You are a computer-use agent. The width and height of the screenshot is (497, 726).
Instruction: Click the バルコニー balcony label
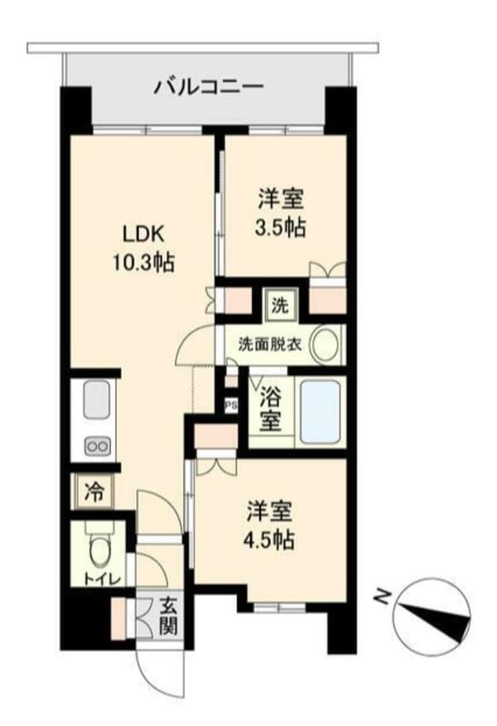pyautogui.click(x=208, y=86)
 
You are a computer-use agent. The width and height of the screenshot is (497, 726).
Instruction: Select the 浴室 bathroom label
pyautogui.click(x=270, y=409)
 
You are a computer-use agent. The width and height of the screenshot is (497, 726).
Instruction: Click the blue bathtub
pyautogui.click(x=320, y=411)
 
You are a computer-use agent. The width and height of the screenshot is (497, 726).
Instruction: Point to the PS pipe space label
pyautogui.click(x=231, y=405)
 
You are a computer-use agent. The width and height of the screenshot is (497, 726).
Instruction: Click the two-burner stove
pyautogui.click(x=96, y=447)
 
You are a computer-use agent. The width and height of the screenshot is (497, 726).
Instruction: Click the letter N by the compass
pyautogui.click(x=383, y=594)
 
